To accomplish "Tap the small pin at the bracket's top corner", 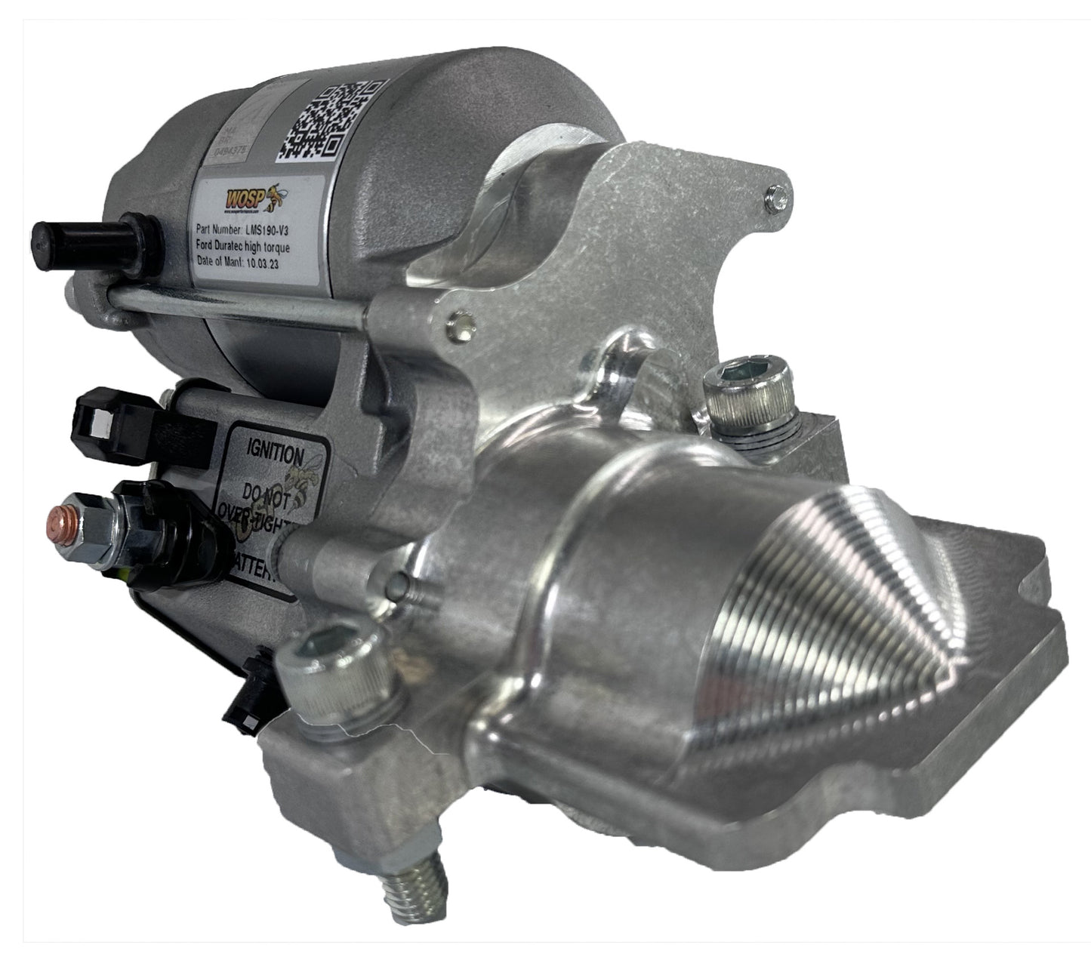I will click(x=777, y=198).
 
